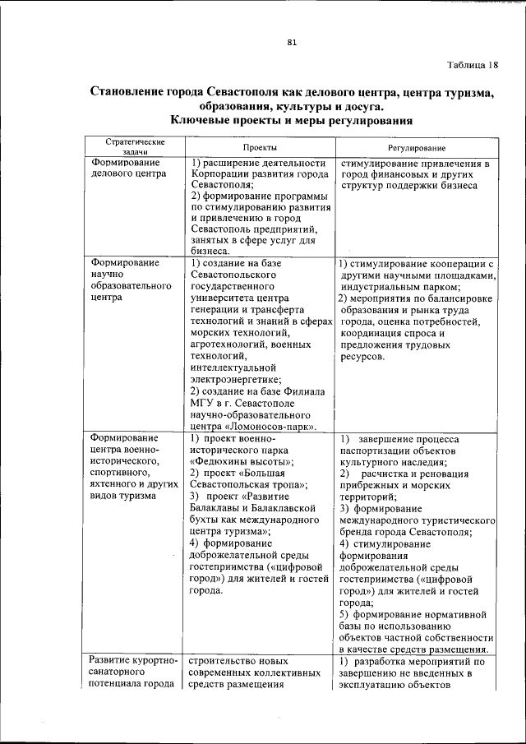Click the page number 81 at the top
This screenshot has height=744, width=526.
coord(292,43)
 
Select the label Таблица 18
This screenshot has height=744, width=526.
coord(473,65)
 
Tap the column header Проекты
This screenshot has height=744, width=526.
coord(259,147)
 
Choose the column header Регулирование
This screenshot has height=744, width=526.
coord(417,147)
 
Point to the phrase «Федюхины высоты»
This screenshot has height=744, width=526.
coord(238,462)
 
